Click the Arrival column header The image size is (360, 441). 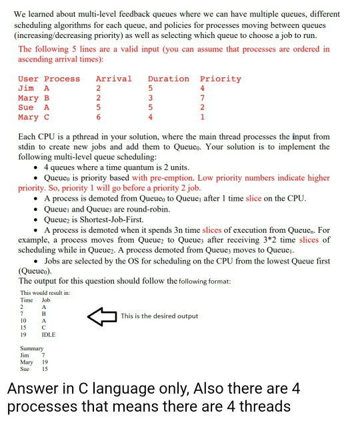coord(113,79)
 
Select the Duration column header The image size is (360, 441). coord(168,79)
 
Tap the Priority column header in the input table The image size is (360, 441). coord(220,79)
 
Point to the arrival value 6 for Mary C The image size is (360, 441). coord(98,117)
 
